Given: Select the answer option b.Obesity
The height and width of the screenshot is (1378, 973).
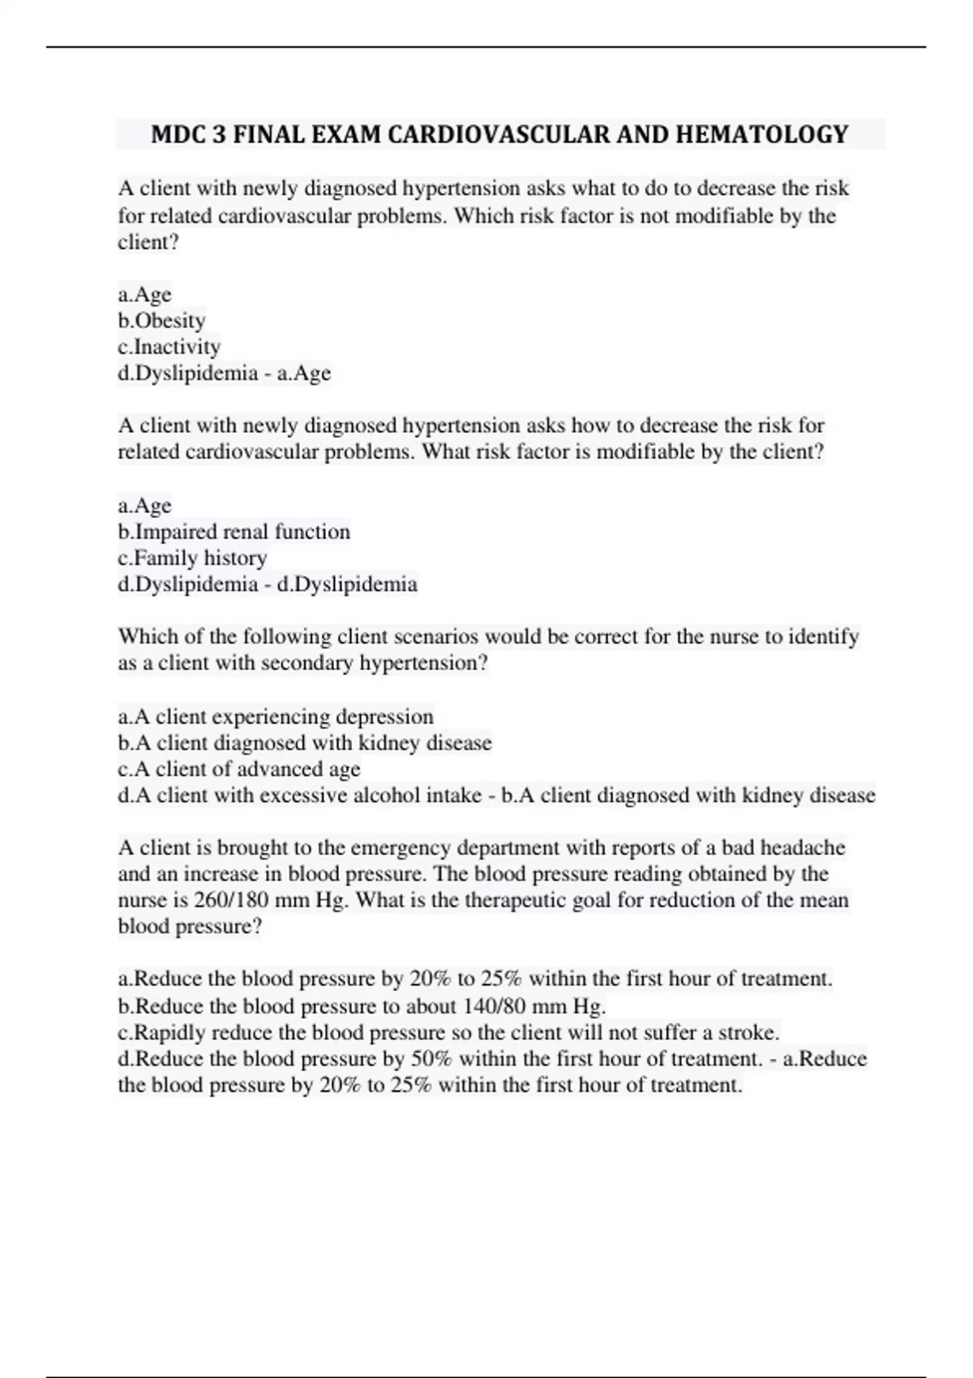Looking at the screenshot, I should (161, 321).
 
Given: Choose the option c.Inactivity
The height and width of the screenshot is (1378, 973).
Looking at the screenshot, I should (169, 347).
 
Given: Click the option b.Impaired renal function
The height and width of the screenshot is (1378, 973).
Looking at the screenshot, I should (234, 532).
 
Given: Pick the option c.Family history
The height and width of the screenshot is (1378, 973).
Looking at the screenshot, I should (192, 558).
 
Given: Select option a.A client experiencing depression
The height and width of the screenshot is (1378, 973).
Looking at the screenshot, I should (276, 717).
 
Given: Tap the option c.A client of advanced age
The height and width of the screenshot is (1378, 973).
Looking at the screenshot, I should (239, 769).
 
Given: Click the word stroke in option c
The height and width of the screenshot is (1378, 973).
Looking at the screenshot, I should (751, 1033).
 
